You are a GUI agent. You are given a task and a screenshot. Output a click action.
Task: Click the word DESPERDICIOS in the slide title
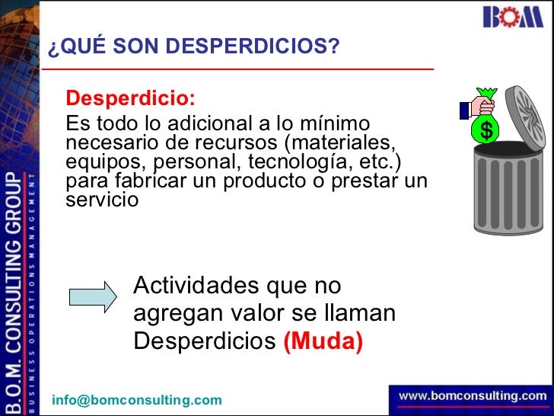[252, 47]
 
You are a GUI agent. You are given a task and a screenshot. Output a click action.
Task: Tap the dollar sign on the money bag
[486, 132]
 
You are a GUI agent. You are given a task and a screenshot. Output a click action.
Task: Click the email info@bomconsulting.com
[137, 400]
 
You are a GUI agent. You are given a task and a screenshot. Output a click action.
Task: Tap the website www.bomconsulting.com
[472, 396]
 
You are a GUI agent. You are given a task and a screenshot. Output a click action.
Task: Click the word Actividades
[196, 286]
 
